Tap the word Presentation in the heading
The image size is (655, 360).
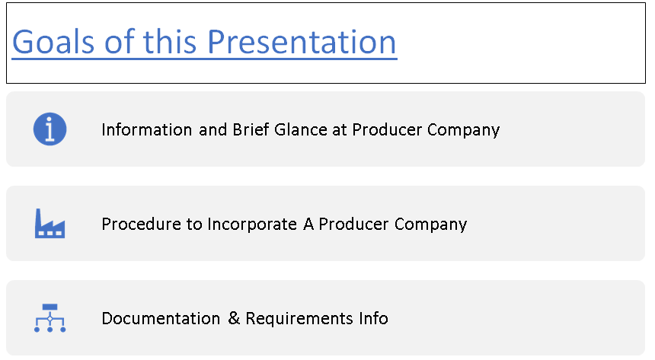(x=302, y=42)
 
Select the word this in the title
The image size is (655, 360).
(x=173, y=42)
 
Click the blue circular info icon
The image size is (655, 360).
(x=50, y=129)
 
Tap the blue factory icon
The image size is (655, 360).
(x=50, y=224)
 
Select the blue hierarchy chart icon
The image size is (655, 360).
(x=50, y=318)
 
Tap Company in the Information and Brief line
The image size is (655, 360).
(x=464, y=129)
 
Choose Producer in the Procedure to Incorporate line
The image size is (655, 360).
(x=353, y=225)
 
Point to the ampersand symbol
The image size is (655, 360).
(x=234, y=318)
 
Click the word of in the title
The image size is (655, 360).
(x=120, y=42)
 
